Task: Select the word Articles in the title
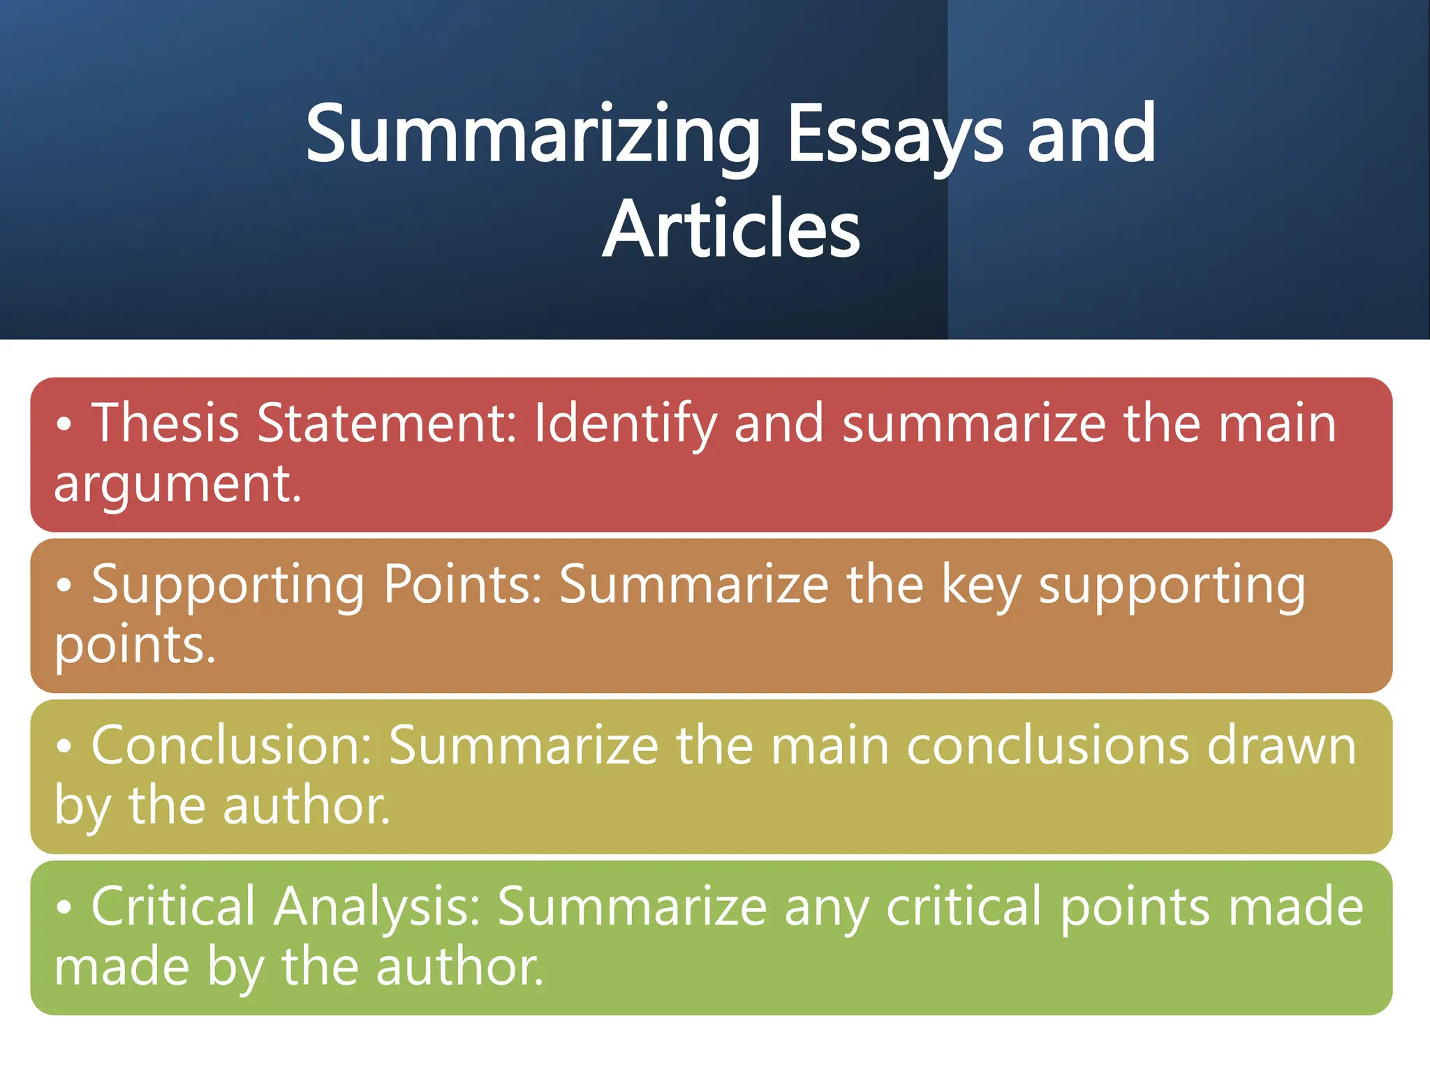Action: (731, 229)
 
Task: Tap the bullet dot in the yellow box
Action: (64, 747)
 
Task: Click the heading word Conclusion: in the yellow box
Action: (231, 745)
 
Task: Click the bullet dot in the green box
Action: (64, 907)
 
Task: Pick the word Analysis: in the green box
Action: (377, 907)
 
